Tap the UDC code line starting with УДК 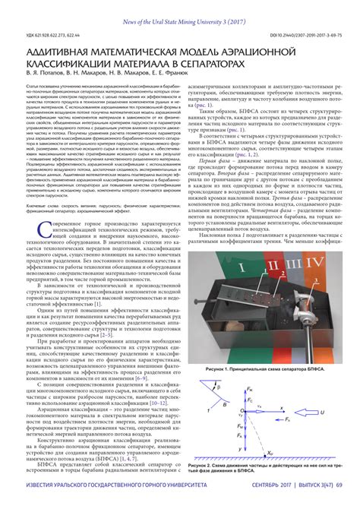click(49, 35)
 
